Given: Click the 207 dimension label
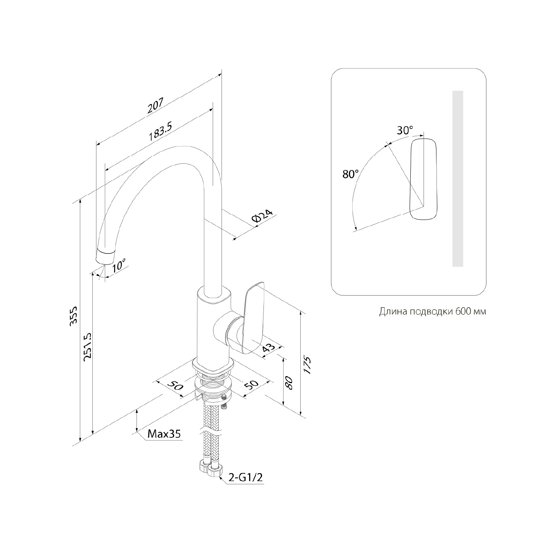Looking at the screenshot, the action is tap(155, 106).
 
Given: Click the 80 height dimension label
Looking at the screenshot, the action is tap(289, 383).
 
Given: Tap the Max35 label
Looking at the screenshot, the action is tap(164, 434).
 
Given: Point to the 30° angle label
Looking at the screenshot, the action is tap(405, 130).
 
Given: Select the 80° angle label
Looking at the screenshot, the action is tap(350, 174).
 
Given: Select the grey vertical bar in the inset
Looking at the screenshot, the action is tap(457, 178).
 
